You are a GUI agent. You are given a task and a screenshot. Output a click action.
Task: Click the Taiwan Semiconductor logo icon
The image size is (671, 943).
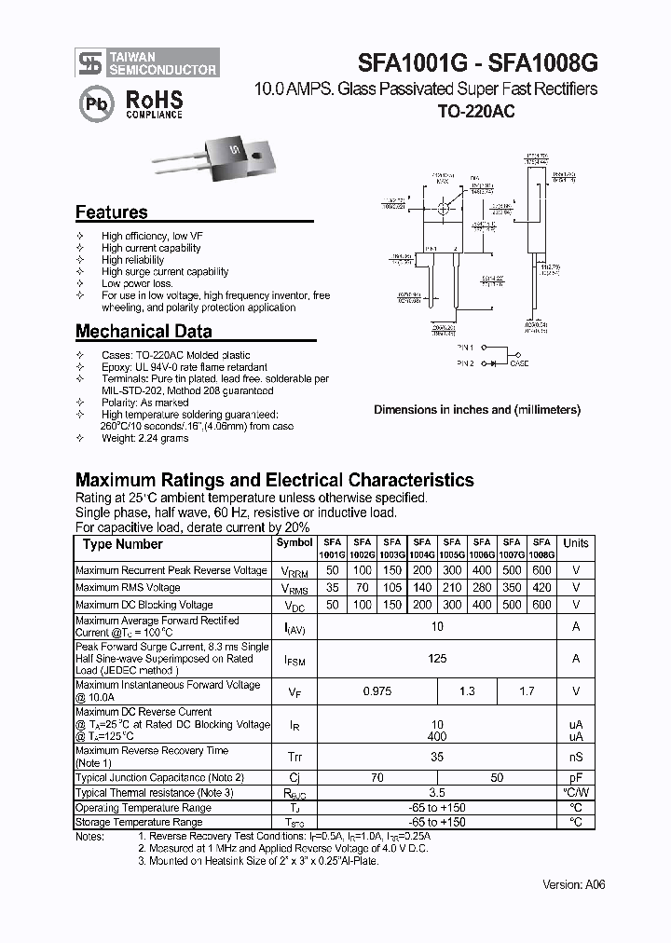click(89, 62)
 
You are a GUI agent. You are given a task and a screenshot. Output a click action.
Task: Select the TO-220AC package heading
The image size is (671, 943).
click(476, 111)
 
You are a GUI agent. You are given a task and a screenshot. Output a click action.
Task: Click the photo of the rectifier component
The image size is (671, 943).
click(207, 154)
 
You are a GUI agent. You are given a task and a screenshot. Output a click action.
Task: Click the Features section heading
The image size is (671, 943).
click(111, 212)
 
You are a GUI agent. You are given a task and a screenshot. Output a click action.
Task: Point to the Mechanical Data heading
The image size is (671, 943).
click(144, 331)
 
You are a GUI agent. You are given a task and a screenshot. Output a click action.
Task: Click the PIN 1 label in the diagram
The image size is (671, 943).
click(466, 348)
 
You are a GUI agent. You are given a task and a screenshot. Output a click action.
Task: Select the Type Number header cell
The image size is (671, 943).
click(122, 544)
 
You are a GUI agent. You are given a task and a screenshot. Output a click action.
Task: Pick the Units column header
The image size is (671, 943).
click(576, 543)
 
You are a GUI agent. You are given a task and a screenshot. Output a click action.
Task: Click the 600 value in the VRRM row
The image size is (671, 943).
click(541, 570)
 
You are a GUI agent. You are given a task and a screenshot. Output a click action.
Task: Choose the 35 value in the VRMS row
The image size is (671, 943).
click(333, 588)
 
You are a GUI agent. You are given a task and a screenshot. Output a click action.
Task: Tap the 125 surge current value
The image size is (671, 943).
click(437, 659)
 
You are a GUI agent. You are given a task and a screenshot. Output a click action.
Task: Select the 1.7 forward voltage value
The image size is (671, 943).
click(527, 691)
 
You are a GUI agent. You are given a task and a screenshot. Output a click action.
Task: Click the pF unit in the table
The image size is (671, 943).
click(576, 777)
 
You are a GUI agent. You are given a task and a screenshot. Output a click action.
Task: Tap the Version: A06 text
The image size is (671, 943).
click(574, 884)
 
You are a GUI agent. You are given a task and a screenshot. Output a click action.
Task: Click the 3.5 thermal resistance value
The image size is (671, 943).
click(437, 793)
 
